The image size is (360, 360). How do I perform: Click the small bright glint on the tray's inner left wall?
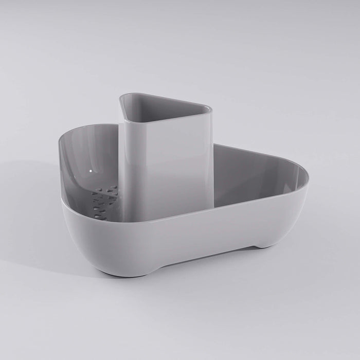[91, 170]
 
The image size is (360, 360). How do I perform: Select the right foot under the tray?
[265, 245]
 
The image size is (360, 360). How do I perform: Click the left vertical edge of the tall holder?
[120, 165]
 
